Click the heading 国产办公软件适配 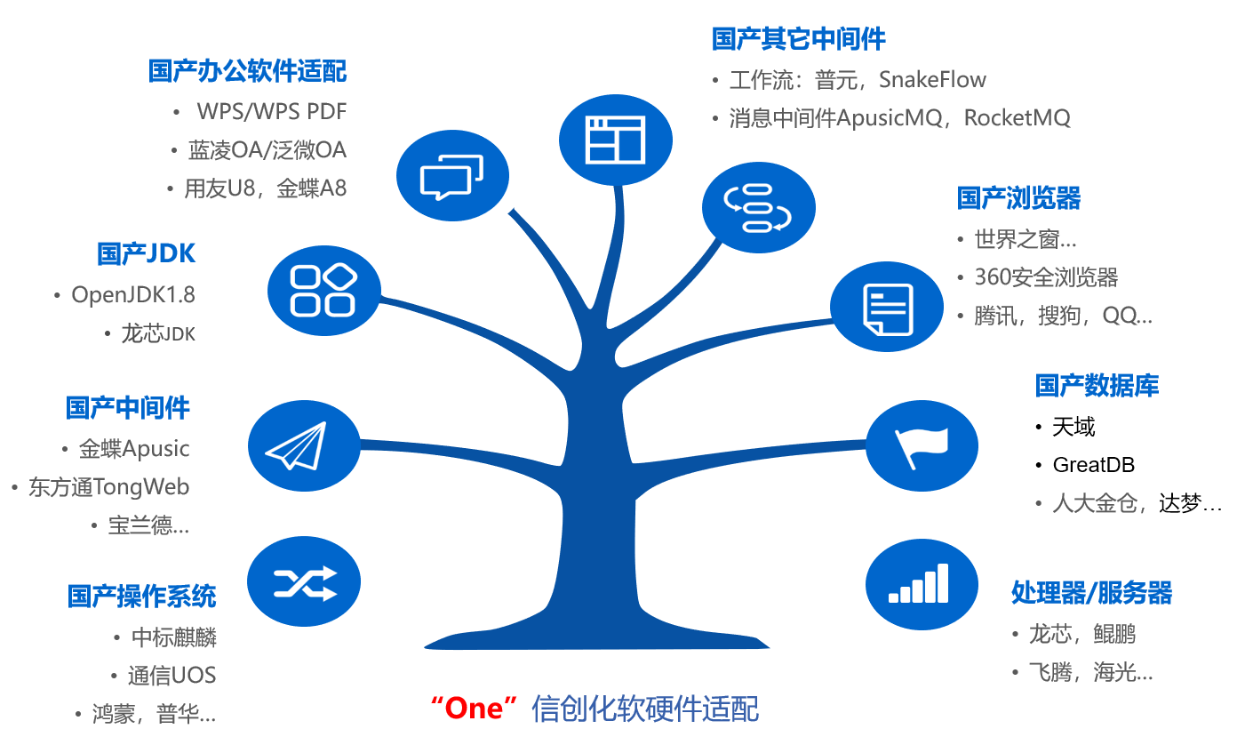(x=247, y=71)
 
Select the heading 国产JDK (x=146, y=253)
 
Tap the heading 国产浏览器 (x=1018, y=198)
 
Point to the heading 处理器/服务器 (x=1091, y=592)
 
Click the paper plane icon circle (x=304, y=446)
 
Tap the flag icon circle (x=922, y=446)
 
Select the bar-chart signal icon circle (x=922, y=584)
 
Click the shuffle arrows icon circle (x=304, y=581)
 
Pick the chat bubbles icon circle (x=452, y=176)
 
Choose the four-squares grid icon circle (x=323, y=291)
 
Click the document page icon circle (x=887, y=307)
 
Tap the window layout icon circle (x=615, y=140)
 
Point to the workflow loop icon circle (x=759, y=207)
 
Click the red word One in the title (x=474, y=709)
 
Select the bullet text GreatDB (x=1093, y=465)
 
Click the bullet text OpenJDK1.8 (x=133, y=295)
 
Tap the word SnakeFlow (x=932, y=79)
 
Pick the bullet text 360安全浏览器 (x=1046, y=276)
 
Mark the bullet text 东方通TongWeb (x=109, y=487)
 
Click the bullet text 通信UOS (x=172, y=676)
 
